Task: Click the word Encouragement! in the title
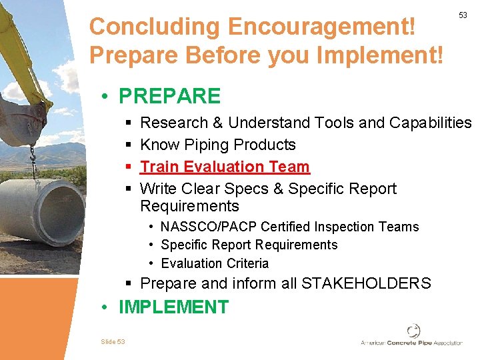pyautogui.click(x=321, y=27)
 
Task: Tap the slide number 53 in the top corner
pyautogui.click(x=463, y=15)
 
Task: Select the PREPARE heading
pyautogui.click(x=169, y=96)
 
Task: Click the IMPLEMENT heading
pyautogui.click(x=173, y=307)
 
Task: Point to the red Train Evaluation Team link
pyautogui.click(x=225, y=167)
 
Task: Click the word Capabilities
pyautogui.click(x=430, y=123)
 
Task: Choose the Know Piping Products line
pyautogui.click(x=218, y=145)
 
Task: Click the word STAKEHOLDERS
pyautogui.click(x=366, y=283)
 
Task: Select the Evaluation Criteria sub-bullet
pyautogui.click(x=215, y=263)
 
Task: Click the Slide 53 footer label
pyautogui.click(x=113, y=341)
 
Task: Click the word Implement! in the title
pyautogui.click(x=383, y=55)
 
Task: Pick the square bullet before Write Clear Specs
pyautogui.click(x=128, y=189)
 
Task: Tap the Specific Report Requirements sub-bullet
pyautogui.click(x=249, y=245)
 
